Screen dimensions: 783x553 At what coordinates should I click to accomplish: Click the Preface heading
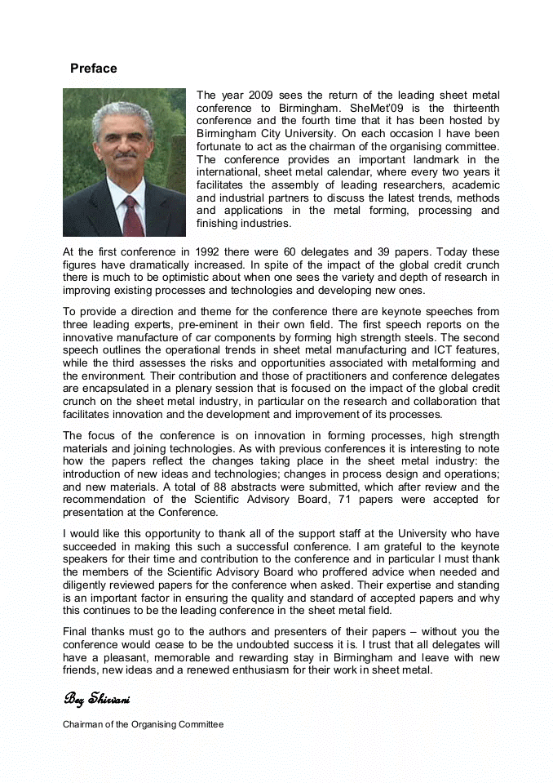click(x=93, y=69)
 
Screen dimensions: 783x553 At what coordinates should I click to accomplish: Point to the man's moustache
click(x=125, y=153)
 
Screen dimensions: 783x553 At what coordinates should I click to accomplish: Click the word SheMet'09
click(x=375, y=108)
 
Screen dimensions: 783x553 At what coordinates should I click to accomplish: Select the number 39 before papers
click(x=389, y=252)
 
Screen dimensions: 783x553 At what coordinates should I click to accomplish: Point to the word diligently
click(x=87, y=585)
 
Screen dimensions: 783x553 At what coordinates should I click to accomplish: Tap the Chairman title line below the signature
click(x=143, y=724)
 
